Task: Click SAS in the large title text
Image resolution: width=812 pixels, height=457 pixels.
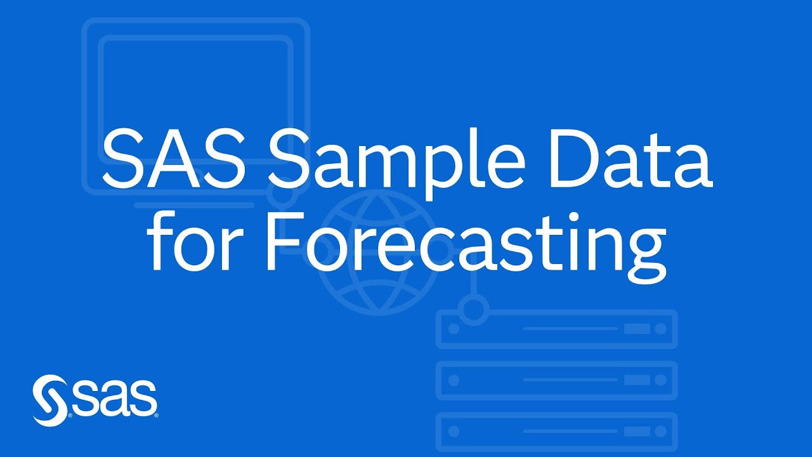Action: (174, 159)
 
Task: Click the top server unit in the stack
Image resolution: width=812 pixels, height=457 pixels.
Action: (557, 329)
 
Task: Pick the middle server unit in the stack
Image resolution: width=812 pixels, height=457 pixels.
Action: (557, 380)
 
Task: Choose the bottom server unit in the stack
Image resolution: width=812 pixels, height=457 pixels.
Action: (557, 432)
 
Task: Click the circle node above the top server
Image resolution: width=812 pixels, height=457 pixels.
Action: (473, 310)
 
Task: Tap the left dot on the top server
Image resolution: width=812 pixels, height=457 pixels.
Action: (454, 329)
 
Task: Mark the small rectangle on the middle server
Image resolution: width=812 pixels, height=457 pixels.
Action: (637, 380)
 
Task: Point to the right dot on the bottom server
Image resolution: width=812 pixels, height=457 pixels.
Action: (660, 432)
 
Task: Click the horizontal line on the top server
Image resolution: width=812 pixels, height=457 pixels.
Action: (570, 329)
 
